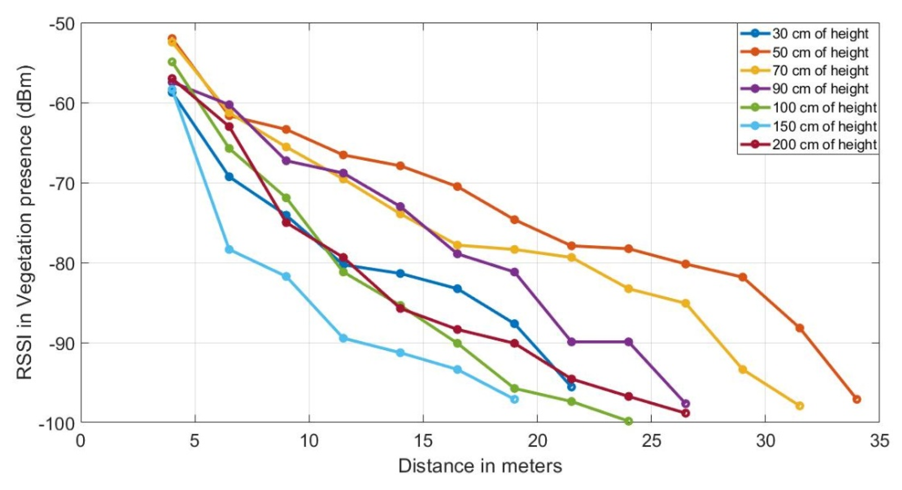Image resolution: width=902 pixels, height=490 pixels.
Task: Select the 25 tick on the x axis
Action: (651, 442)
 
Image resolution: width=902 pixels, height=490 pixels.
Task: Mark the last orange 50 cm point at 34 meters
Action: (856, 399)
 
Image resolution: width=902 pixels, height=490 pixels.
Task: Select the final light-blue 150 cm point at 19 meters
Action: (514, 399)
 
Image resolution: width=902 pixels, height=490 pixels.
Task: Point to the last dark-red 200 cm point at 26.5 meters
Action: (686, 413)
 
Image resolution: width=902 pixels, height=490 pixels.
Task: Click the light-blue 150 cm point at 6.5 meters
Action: (229, 249)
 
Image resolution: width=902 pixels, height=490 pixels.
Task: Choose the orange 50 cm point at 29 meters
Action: (743, 277)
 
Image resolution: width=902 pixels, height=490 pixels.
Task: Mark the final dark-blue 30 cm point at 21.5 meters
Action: (571, 387)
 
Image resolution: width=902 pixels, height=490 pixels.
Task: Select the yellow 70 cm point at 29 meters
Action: (743, 370)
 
